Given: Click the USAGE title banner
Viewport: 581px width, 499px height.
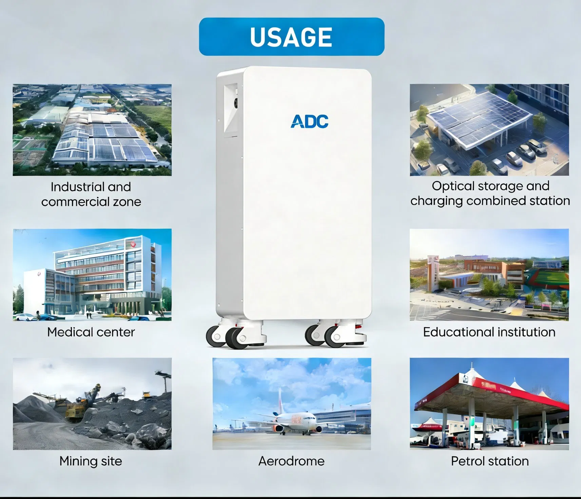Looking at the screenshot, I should [291, 37].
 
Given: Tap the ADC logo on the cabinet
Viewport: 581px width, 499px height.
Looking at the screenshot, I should [309, 122].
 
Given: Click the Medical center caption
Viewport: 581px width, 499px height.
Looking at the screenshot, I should [91, 332].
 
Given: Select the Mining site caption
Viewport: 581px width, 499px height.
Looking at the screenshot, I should [91, 461].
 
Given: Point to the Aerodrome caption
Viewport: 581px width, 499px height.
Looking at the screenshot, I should [291, 461].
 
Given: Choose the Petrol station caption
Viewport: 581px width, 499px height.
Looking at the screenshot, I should [489, 461].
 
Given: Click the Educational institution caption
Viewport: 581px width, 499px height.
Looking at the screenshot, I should [489, 332].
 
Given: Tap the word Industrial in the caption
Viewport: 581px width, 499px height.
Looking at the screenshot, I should [72, 187].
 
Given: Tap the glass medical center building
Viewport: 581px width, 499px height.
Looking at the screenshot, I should [102, 275].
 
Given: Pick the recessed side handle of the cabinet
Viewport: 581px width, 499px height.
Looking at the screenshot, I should [231, 109].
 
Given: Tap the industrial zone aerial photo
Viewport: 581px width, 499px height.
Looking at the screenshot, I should [92, 130].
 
